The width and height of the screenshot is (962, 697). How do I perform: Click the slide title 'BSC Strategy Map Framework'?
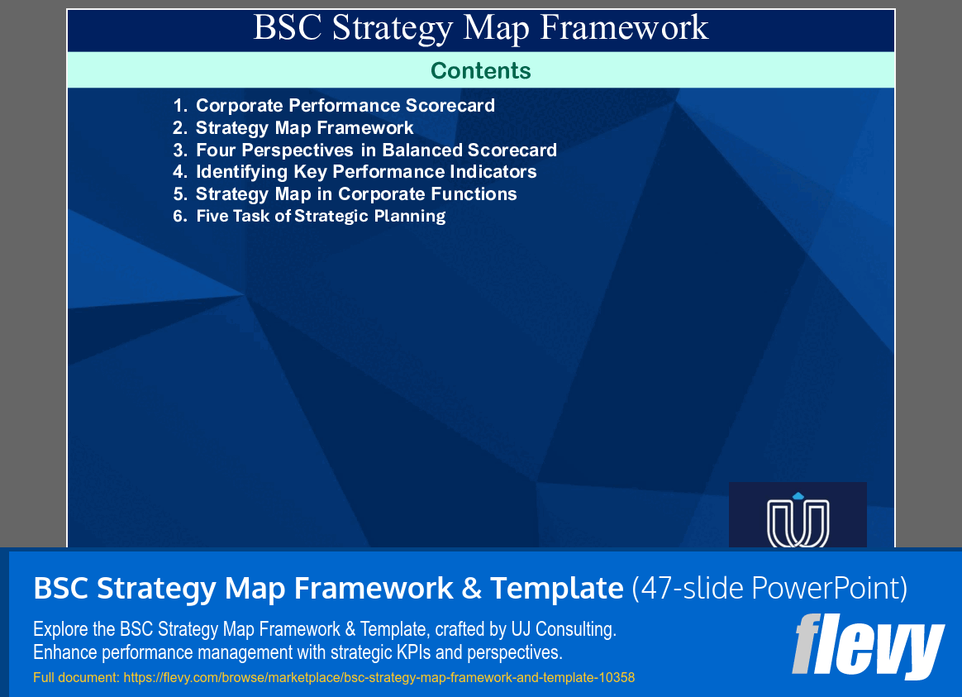(x=480, y=28)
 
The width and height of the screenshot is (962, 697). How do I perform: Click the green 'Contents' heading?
(x=480, y=71)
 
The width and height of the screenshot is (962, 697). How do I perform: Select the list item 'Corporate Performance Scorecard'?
(x=345, y=106)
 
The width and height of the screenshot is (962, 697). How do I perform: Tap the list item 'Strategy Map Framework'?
(x=304, y=128)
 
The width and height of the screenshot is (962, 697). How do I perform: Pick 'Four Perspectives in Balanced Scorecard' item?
(x=376, y=150)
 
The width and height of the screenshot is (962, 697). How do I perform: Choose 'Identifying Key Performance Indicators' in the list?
(x=366, y=172)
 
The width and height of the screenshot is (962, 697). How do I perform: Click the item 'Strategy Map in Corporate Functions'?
(x=356, y=194)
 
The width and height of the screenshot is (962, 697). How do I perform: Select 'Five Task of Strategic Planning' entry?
(x=321, y=217)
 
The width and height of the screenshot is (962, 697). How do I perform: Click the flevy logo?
(x=868, y=645)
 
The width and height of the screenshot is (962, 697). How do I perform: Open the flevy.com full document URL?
(x=379, y=678)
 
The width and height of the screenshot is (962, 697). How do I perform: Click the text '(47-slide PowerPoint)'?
(x=769, y=589)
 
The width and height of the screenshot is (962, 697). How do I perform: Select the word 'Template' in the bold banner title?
(x=556, y=589)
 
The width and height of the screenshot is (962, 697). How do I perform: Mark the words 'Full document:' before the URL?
(x=76, y=678)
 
